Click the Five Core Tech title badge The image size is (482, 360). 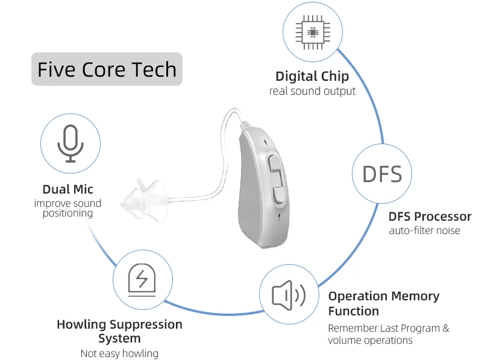107,69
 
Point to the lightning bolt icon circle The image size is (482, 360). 142,279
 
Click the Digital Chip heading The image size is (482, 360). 312,77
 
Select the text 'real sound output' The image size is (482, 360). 312,91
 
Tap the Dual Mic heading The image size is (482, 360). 67,189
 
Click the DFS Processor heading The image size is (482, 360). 430,216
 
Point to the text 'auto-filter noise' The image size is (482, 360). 424,230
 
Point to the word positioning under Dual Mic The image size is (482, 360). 67,213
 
